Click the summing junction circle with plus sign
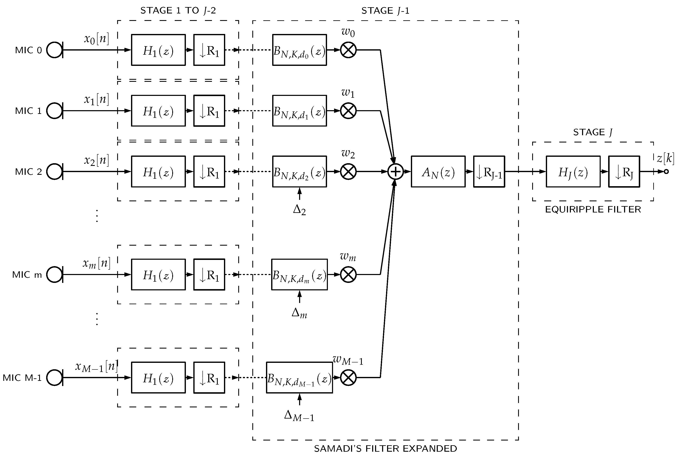click(396, 171)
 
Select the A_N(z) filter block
click(438, 172)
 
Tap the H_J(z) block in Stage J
click(573, 172)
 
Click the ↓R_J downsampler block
click(624, 172)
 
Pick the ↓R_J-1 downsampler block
click(489, 172)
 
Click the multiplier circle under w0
click(348, 50)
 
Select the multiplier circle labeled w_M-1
click(348, 378)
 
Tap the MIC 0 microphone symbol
click(54, 50)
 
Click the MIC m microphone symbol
click(54, 274)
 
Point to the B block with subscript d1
click(299, 111)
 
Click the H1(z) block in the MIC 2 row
click(158, 172)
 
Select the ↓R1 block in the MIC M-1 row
click(209, 378)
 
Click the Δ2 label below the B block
click(299, 210)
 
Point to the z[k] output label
click(665, 158)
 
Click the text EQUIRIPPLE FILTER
click(593, 210)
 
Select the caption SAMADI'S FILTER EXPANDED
click(385, 448)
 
